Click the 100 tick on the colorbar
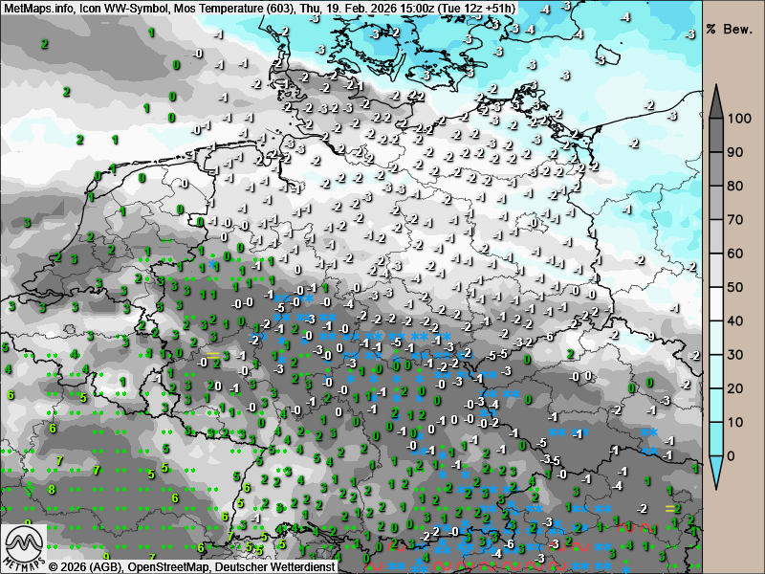[736, 119]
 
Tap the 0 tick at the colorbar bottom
[732, 455]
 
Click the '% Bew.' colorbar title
[732, 27]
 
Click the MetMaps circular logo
[23, 547]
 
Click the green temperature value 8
[52, 489]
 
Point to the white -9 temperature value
[650, 337]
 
